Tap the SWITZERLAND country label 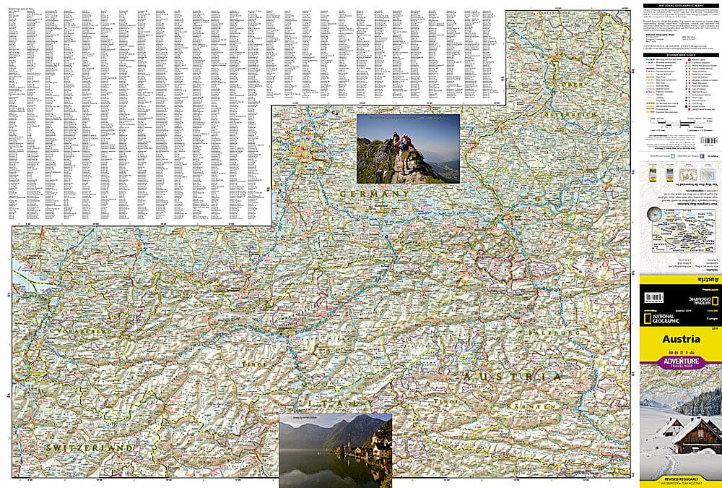(88, 448)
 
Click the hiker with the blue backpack (403, 143)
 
